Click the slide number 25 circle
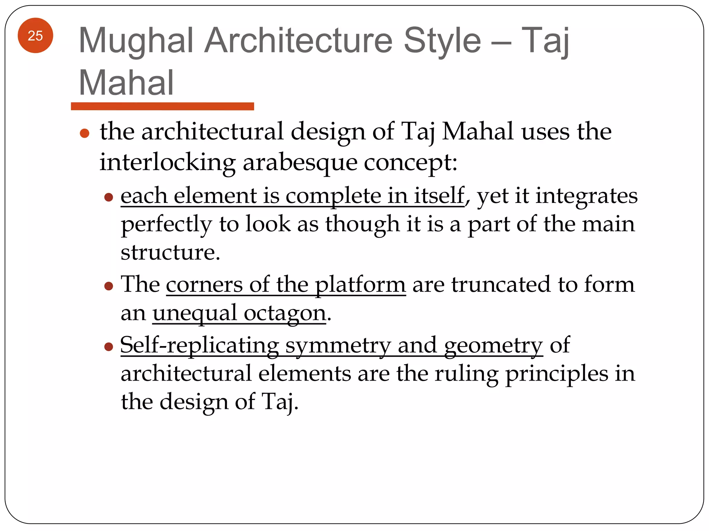point(35,36)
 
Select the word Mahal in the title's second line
point(126,83)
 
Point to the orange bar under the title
point(162,106)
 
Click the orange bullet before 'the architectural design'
point(85,133)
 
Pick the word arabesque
point(300,162)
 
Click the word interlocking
point(168,162)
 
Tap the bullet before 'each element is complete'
point(109,197)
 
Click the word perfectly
point(166,225)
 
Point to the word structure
point(170,252)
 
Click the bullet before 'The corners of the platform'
point(109,286)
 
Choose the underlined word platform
point(360,285)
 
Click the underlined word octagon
point(285,313)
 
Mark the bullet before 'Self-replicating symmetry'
point(109,346)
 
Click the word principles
point(556,374)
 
